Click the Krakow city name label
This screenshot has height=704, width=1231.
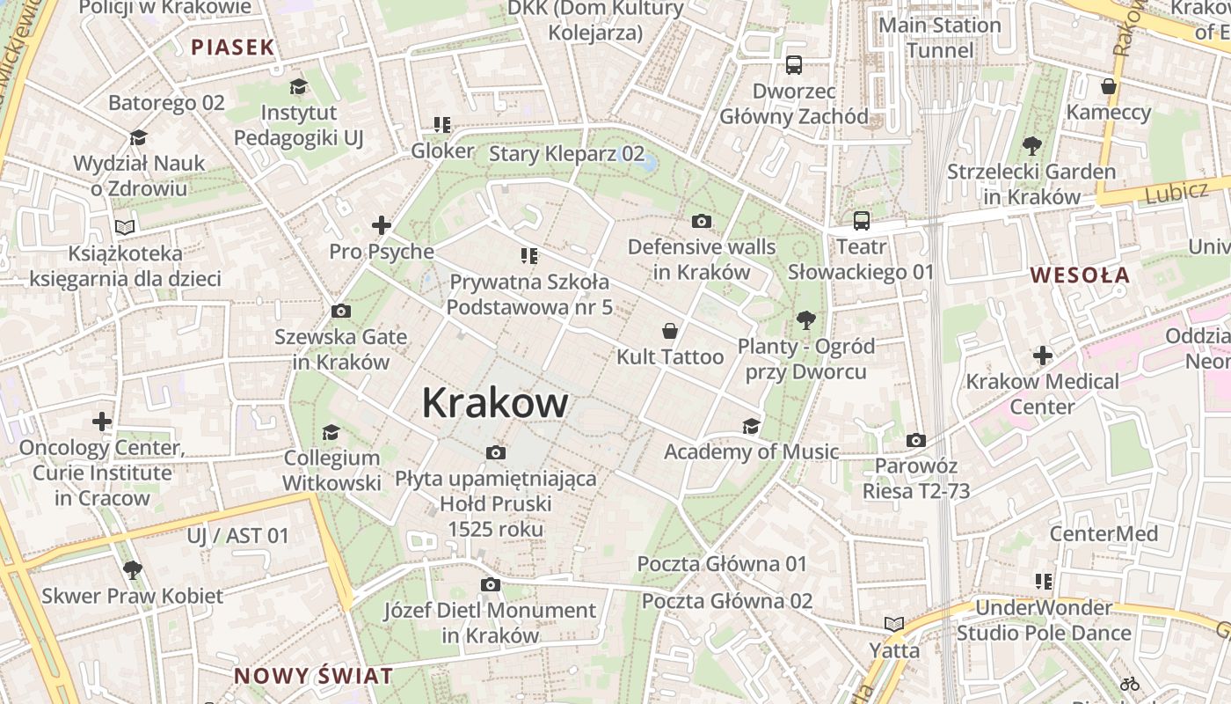pyautogui.click(x=495, y=403)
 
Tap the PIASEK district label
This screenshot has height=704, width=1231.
pyautogui.click(x=233, y=48)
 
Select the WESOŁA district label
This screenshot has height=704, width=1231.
pyautogui.click(x=1080, y=275)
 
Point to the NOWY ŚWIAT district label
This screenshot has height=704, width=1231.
pyautogui.click(x=313, y=676)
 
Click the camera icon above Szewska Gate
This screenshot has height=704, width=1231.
pyautogui.click(x=341, y=311)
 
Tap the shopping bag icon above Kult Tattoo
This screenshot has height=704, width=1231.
pyautogui.click(x=670, y=331)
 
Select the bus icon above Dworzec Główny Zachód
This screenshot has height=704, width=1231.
pyautogui.click(x=794, y=64)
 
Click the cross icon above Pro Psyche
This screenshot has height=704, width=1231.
pyautogui.click(x=381, y=225)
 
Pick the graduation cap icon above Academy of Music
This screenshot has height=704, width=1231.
pyautogui.click(x=751, y=427)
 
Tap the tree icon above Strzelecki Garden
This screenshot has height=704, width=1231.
pyautogui.click(x=1031, y=146)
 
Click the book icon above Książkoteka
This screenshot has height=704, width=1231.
pyautogui.click(x=126, y=228)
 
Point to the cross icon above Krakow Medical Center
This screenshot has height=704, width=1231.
pyautogui.click(x=1042, y=356)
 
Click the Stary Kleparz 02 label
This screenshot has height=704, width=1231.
pyautogui.click(x=566, y=153)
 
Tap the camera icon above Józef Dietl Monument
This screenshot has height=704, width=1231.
pyautogui.click(x=491, y=584)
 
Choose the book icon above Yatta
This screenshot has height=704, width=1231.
pyautogui.click(x=894, y=625)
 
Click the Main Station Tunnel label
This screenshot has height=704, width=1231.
pyautogui.click(x=940, y=37)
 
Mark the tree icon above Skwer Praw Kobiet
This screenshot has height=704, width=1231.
pyautogui.click(x=133, y=570)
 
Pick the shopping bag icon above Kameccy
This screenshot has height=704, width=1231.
pyautogui.click(x=1109, y=86)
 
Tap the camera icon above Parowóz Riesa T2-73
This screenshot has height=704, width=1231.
pyautogui.click(x=916, y=440)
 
